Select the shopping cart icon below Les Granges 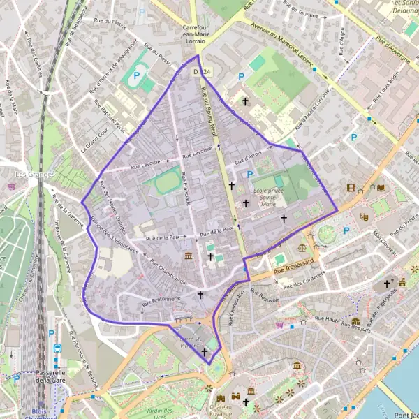pyautogui.click(x=13, y=186)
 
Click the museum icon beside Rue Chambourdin pyautogui.click(x=188, y=257)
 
